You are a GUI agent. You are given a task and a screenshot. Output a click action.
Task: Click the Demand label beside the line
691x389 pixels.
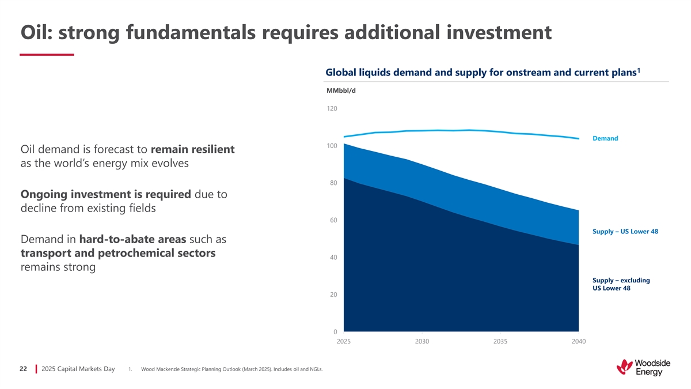(x=605, y=138)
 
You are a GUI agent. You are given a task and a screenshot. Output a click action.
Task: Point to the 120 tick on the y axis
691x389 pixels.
(x=332, y=109)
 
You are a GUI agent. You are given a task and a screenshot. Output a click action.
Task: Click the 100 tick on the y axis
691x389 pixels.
(x=332, y=146)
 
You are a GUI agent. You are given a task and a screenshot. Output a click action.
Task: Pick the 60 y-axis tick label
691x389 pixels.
(x=333, y=220)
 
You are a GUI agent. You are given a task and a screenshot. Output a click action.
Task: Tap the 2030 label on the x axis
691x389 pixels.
(x=422, y=342)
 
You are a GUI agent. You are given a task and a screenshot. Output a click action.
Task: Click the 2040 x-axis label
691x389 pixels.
(x=579, y=342)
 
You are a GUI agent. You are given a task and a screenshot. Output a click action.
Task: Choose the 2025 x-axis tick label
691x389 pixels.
(x=344, y=342)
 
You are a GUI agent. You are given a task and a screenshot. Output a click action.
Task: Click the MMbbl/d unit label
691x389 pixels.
(x=341, y=90)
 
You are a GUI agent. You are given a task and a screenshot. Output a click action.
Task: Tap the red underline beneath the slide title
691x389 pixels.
(x=47, y=55)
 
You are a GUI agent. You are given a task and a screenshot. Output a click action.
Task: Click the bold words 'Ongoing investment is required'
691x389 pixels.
(x=105, y=194)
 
